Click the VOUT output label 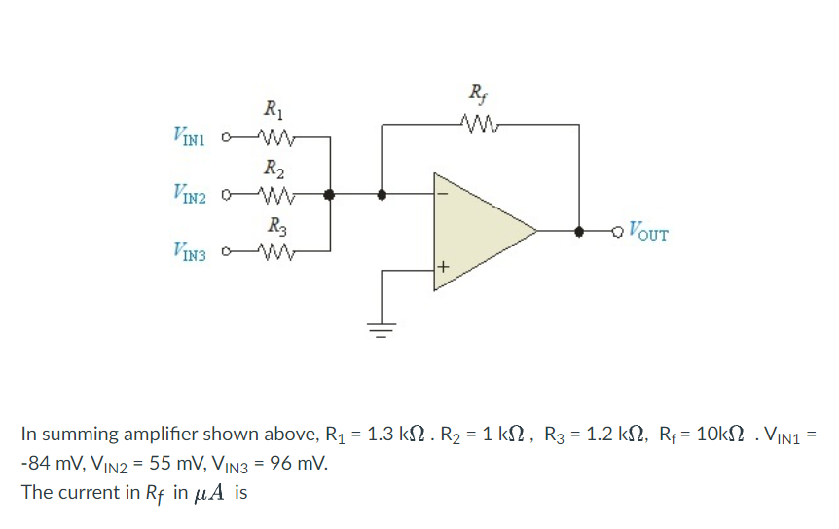tap(648, 232)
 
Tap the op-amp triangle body tap(477, 232)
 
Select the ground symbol tap(381, 328)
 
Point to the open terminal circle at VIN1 tap(228, 137)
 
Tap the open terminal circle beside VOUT tap(616, 232)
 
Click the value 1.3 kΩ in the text tap(388, 434)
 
